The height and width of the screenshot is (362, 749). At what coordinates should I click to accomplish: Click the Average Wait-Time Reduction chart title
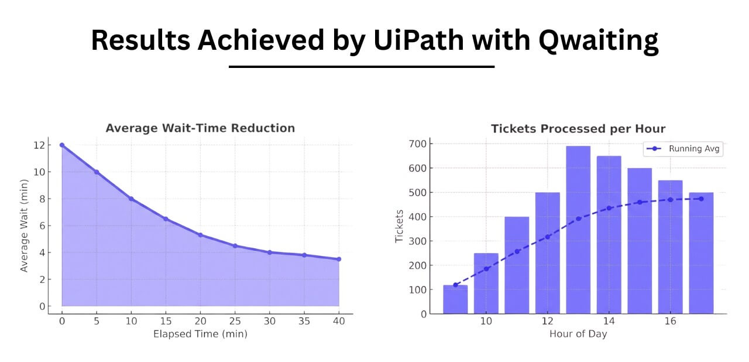click(200, 128)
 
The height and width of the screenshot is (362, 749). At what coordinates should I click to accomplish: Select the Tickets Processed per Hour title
click(578, 129)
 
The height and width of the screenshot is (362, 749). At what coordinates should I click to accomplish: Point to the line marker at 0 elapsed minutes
click(62, 145)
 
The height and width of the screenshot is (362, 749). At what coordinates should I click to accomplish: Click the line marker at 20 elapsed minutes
click(200, 235)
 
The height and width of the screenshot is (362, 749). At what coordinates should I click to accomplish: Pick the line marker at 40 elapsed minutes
click(339, 259)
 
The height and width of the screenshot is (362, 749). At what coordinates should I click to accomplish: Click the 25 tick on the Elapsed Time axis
click(235, 321)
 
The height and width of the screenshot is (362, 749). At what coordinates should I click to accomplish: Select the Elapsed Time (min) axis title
click(200, 334)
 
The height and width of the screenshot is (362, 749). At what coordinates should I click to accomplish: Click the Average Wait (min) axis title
click(24, 226)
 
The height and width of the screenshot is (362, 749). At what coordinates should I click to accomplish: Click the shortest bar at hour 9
click(455, 299)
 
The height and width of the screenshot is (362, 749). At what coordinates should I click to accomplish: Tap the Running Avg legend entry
click(683, 149)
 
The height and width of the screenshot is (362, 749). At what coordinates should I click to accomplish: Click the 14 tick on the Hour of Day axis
click(609, 322)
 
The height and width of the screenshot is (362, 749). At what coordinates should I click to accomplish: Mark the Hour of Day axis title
click(578, 334)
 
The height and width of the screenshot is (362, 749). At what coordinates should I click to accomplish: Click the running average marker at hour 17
click(701, 199)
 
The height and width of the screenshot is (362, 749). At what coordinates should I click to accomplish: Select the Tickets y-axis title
click(400, 226)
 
